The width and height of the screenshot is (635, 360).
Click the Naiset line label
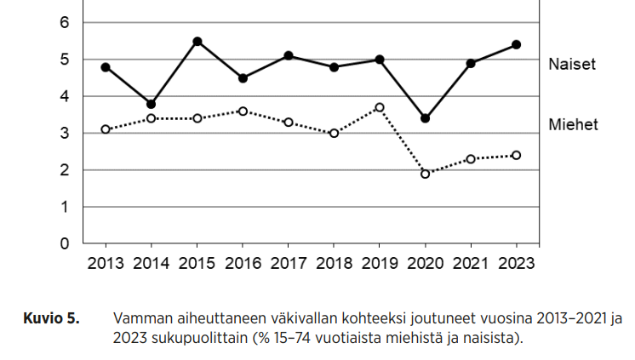[572, 64]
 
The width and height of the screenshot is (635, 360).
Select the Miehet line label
[573, 125]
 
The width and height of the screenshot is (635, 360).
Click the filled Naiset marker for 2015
[197, 42]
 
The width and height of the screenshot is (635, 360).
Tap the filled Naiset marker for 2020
[426, 118]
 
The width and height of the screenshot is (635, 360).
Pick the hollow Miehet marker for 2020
[426, 174]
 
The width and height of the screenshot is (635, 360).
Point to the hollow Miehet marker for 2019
[380, 107]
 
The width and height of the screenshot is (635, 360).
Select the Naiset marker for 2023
[517, 44]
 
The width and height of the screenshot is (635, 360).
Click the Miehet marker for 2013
[106, 129]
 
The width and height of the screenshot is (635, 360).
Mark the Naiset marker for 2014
[152, 104]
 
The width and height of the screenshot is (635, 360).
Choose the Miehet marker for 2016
[243, 111]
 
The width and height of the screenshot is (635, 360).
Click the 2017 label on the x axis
[289, 263]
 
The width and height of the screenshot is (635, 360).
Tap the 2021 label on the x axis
[471, 263]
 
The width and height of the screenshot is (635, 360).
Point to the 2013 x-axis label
[106, 263]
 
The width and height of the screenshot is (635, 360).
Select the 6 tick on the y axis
[64, 23]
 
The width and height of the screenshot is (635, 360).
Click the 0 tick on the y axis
[64, 244]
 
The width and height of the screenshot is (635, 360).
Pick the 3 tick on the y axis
[64, 134]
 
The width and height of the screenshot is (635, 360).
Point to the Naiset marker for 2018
[334, 67]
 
